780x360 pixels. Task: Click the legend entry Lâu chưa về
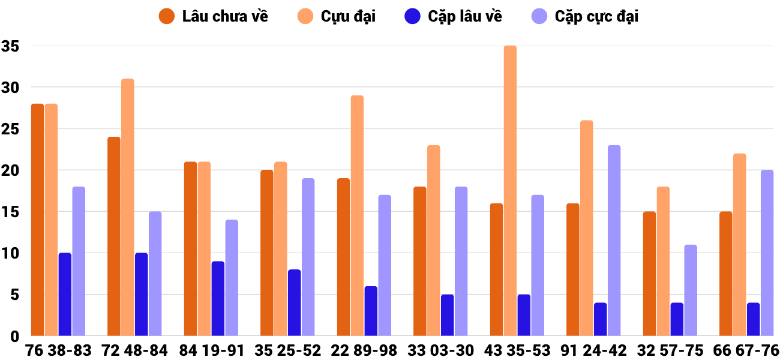click(214, 16)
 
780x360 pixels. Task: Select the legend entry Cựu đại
click(338, 16)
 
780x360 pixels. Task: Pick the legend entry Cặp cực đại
click(585, 16)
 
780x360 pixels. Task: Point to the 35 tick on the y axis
click(10, 46)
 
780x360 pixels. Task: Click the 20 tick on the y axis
click(10, 170)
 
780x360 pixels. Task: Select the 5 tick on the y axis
click(14, 295)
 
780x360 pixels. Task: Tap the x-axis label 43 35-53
click(517, 350)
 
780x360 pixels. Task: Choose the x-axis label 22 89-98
click(364, 350)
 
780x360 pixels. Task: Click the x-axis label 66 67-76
click(746, 350)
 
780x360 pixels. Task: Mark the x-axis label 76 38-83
click(58, 350)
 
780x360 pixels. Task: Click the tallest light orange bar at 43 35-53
click(510, 191)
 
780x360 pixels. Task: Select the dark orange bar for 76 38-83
click(37, 220)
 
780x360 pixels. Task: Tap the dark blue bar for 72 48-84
click(142, 294)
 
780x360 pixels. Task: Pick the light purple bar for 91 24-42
click(614, 240)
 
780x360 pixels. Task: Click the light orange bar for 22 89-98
click(357, 215)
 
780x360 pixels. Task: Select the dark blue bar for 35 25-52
click(294, 302)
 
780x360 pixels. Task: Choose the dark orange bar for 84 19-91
click(190, 248)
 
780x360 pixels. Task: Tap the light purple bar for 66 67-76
click(767, 253)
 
